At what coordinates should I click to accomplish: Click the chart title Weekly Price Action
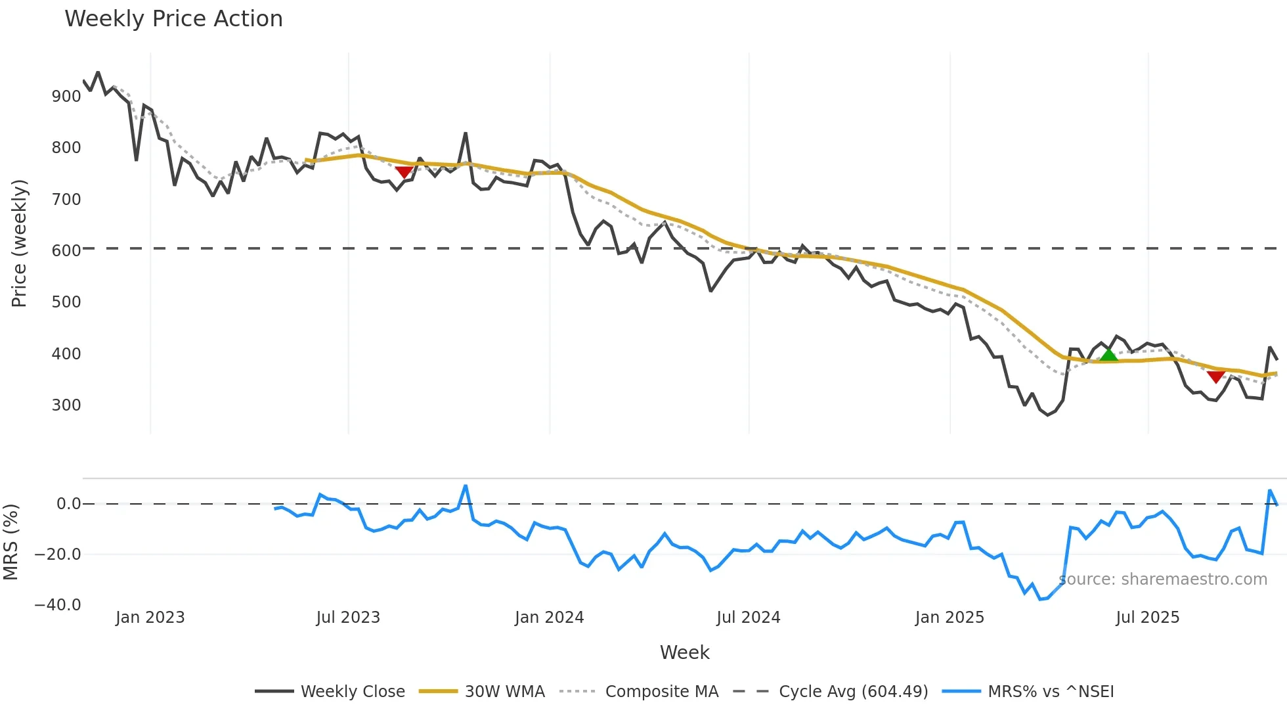173,19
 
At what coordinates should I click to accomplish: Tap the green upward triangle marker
1108,355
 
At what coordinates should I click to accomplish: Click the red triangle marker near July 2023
404,172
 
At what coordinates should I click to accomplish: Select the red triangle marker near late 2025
1215,376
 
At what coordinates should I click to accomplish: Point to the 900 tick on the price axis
66,97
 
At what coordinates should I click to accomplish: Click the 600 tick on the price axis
66,251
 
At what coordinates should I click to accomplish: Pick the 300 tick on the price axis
66,405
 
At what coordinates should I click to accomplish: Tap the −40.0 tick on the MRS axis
58,605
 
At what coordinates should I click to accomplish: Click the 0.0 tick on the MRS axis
68,504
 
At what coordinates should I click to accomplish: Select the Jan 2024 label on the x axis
549,618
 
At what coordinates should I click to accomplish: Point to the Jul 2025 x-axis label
1147,618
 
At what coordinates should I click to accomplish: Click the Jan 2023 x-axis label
150,618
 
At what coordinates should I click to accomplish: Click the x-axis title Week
684,652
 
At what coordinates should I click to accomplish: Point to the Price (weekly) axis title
19,243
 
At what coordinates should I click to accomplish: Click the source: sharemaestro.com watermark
1163,579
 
